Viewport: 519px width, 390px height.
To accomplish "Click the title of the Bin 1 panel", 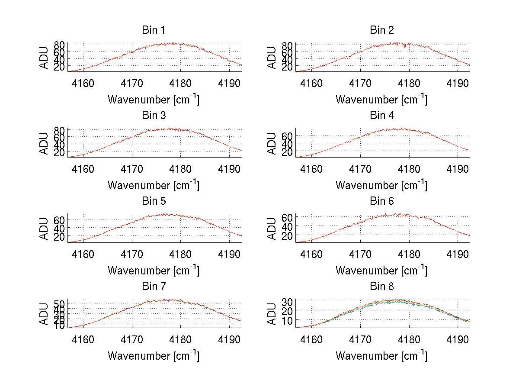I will tap(154, 30).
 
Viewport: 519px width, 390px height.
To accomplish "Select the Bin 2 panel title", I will tap(382, 30).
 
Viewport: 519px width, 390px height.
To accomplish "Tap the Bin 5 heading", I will tap(154, 201).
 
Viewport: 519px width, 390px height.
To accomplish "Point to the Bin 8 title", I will tap(382, 286).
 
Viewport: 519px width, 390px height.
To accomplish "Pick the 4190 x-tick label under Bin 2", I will tap(458, 83).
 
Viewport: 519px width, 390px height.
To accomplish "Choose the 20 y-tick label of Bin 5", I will tap(60, 237).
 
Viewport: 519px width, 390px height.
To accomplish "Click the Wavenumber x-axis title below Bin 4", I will tap(381, 185).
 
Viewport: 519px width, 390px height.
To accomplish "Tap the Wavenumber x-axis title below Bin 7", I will tap(154, 355).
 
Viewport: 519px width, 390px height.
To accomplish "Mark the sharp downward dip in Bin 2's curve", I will tap(405, 48).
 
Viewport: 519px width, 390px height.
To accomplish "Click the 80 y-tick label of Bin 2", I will tap(288, 45).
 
